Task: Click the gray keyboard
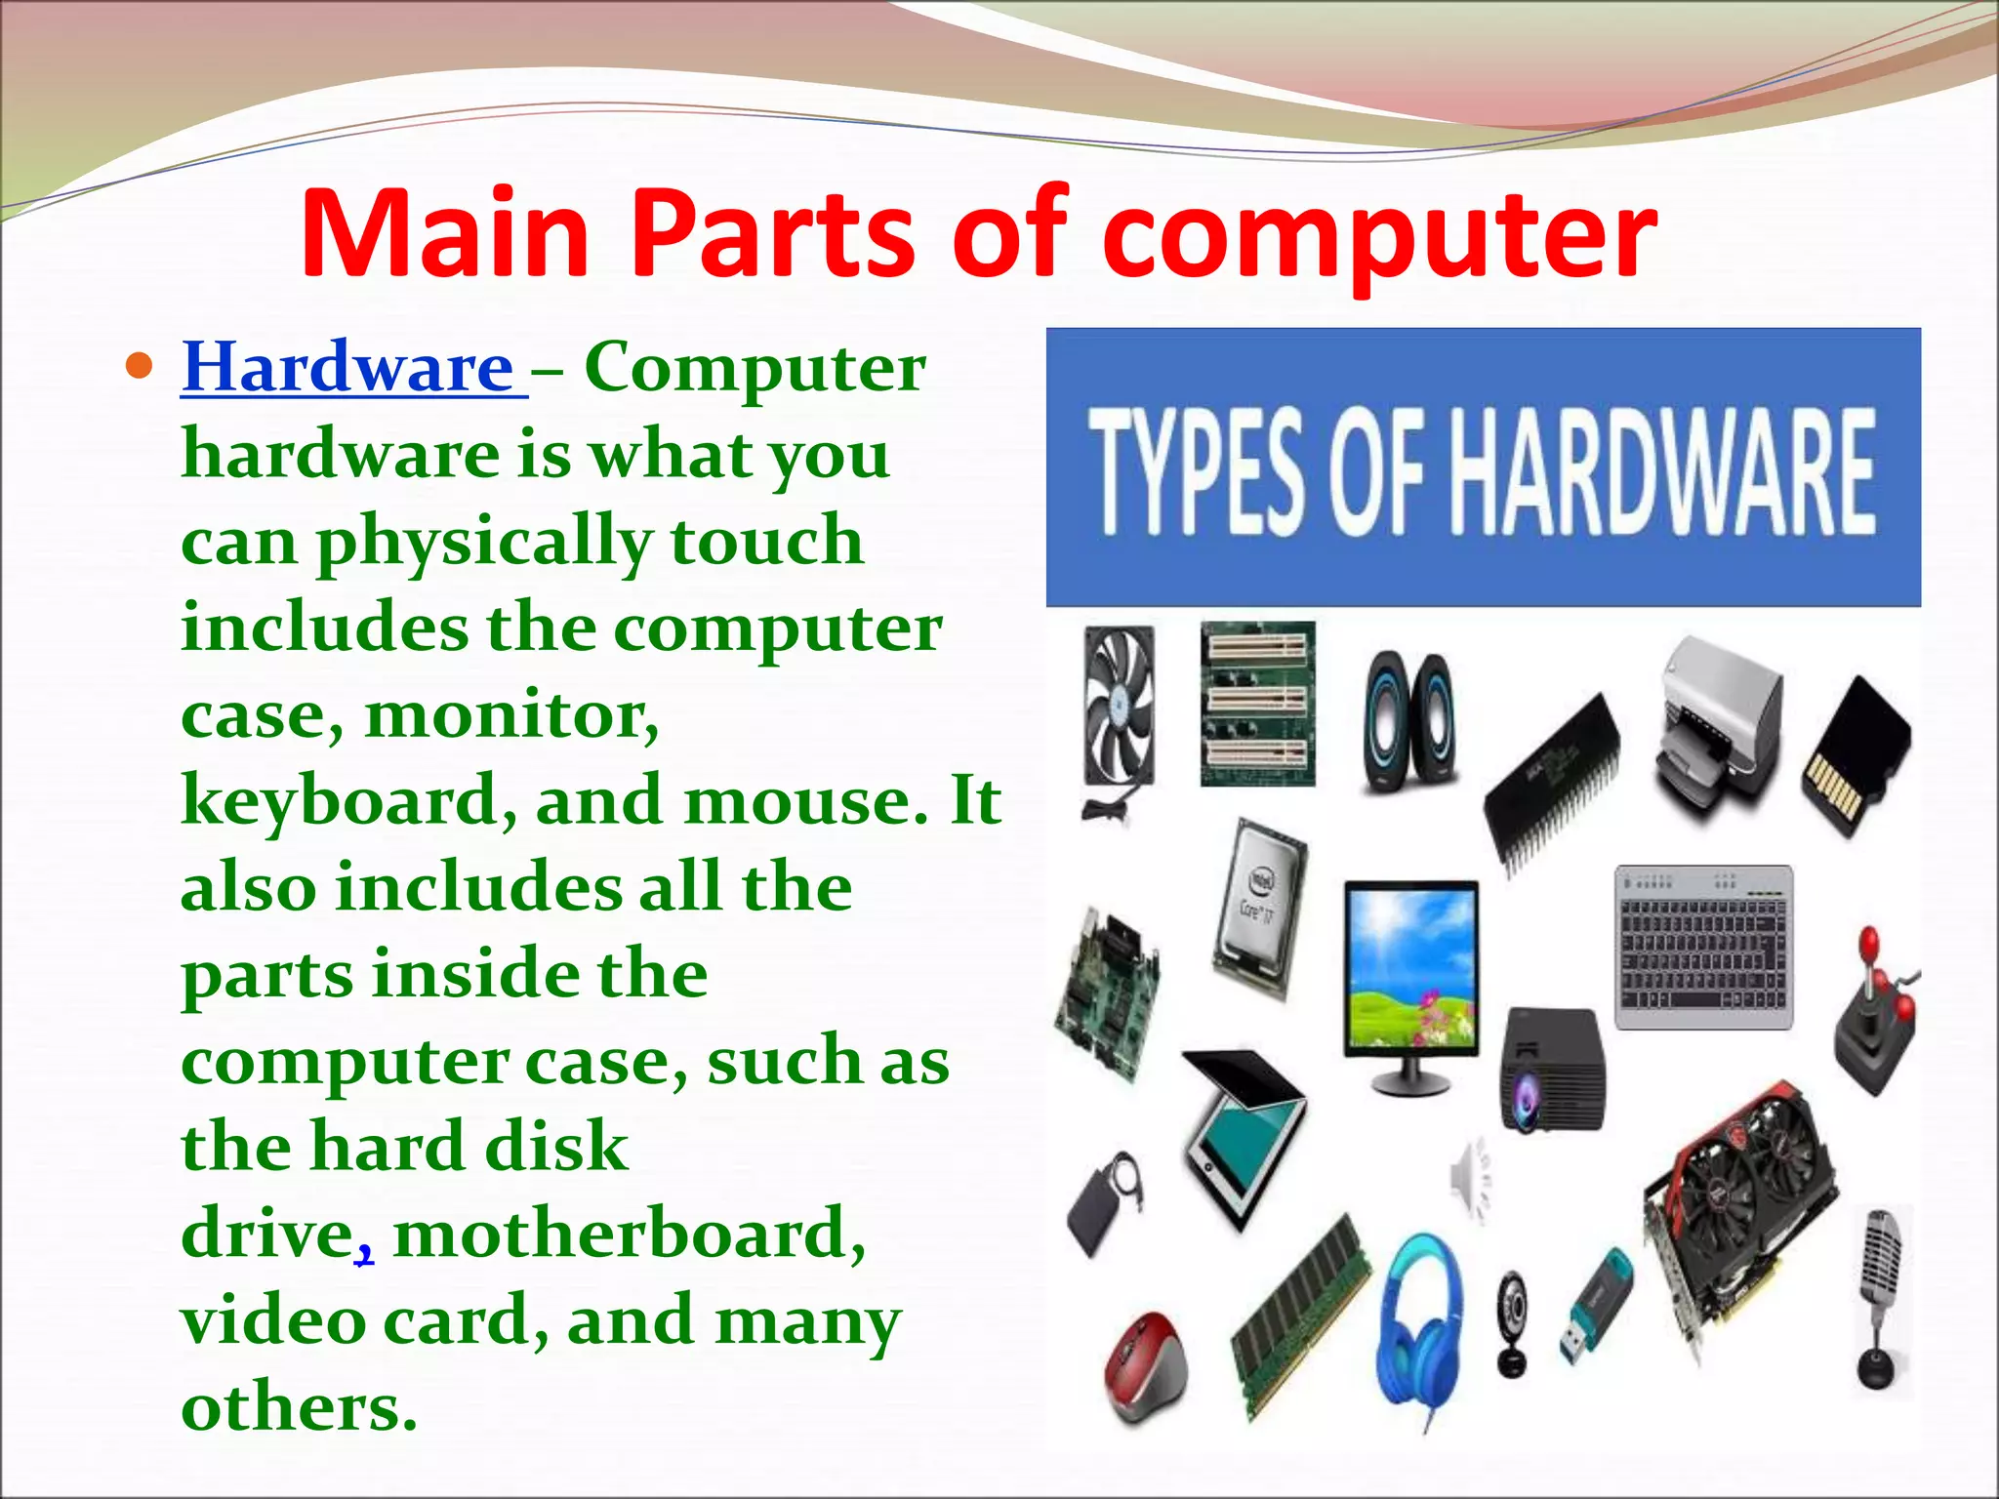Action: pyautogui.click(x=1703, y=947)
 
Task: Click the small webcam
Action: pyautogui.click(x=1513, y=1319)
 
